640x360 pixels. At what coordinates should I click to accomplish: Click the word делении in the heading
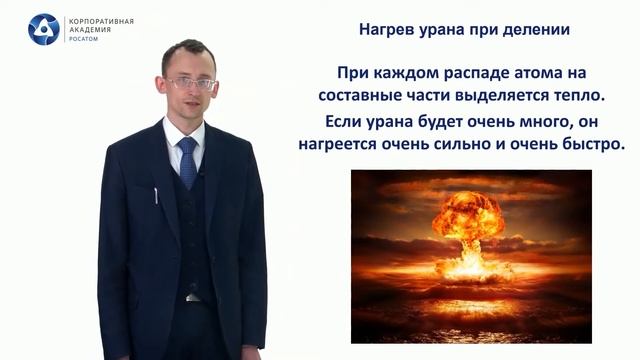535,30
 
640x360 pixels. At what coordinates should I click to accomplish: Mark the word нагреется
341,145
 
